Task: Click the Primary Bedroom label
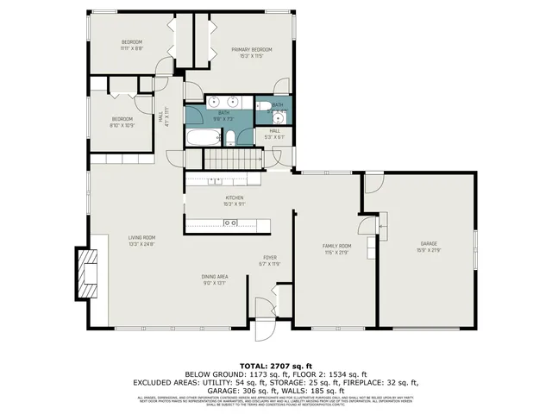coord(252,50)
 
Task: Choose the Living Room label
coord(141,237)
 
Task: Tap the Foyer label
coord(270,258)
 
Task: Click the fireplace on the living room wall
coord(87,272)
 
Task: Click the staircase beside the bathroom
coord(232,159)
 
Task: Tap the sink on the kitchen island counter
coord(231,223)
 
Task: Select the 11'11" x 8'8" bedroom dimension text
coord(131,48)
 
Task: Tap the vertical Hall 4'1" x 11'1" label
coord(163,116)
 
